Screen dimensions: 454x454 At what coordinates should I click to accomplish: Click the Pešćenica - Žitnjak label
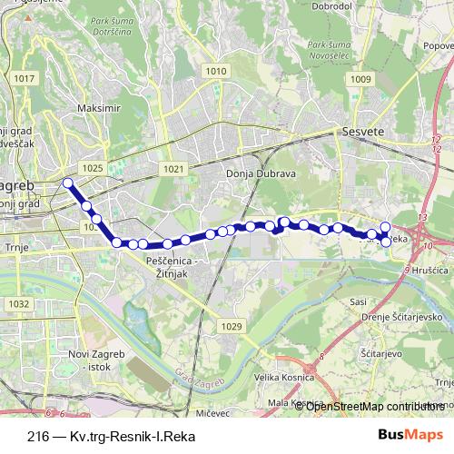tap(176, 265)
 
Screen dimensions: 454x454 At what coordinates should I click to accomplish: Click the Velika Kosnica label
tap(278, 378)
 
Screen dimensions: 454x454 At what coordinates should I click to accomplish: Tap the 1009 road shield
tap(360, 80)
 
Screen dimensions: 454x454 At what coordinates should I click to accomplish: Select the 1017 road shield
tap(25, 79)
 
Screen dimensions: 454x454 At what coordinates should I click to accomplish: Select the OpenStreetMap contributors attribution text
tap(378, 406)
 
